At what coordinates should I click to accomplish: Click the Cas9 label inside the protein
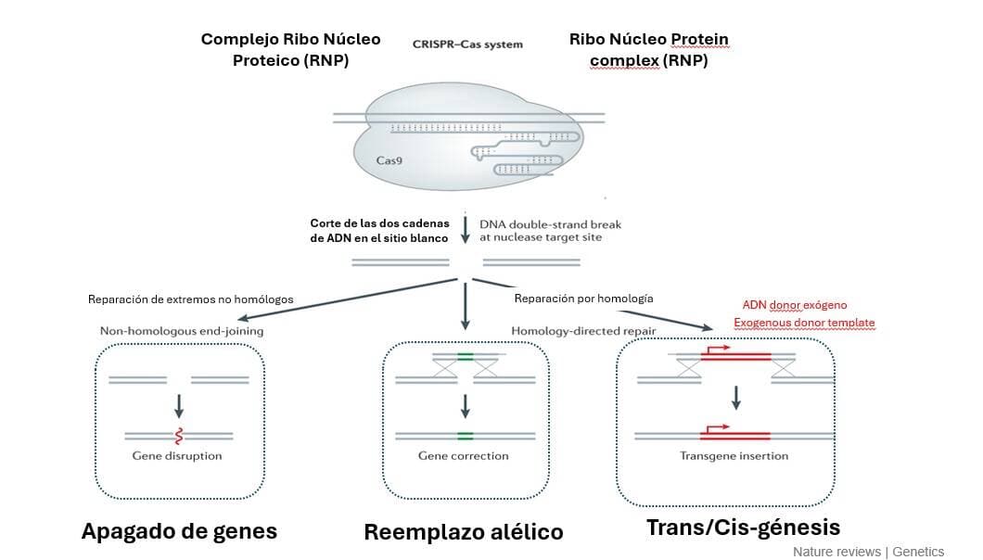coord(389,160)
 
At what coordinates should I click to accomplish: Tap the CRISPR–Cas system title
coord(467,44)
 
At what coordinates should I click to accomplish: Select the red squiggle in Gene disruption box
coord(178,435)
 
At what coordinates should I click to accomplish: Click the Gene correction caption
coord(464,456)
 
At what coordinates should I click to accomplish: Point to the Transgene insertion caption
coord(734,456)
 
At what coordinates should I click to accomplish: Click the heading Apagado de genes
coord(179,531)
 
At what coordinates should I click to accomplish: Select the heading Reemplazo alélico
coord(463,532)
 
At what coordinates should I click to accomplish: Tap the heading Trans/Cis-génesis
coord(743,528)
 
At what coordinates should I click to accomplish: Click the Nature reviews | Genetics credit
coord(868,552)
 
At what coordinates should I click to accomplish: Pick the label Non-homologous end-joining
coord(182,331)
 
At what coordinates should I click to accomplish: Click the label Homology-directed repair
coord(570,331)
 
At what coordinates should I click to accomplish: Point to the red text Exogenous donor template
coord(804,323)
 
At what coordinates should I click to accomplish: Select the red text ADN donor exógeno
coord(795,304)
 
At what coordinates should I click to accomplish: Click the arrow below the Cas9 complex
coord(465,230)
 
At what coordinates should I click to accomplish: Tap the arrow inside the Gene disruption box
coord(179,404)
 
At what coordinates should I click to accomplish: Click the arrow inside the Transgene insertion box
coord(736,397)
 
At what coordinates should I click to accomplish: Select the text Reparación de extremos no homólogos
coord(190,299)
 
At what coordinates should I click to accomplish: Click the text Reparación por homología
coord(583,299)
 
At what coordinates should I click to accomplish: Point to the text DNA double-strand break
coord(550,223)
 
